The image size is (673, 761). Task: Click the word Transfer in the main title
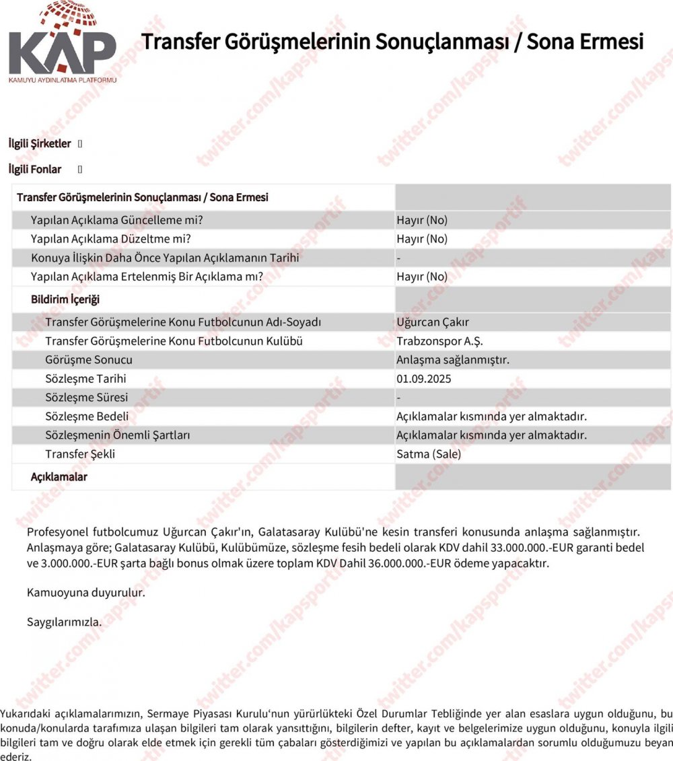tap(180, 41)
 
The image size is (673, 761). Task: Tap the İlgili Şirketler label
tap(39, 143)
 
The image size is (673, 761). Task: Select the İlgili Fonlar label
tap(35, 169)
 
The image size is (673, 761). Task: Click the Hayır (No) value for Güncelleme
tap(422, 220)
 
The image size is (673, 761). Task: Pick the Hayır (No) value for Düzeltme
tap(422, 239)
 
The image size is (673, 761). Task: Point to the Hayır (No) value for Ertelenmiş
tap(422, 277)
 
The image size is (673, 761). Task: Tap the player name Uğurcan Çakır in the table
tap(433, 322)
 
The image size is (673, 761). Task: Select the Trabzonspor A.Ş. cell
tap(439, 341)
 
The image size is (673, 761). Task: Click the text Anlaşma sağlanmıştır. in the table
tap(453, 360)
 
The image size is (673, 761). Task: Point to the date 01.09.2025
tap(424, 379)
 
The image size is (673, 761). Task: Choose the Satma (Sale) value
tap(429, 454)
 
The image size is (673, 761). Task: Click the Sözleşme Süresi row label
tap(86, 398)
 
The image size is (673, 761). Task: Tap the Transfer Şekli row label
tap(80, 454)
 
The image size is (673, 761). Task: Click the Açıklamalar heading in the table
tap(59, 476)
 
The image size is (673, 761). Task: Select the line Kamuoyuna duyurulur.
tap(85, 593)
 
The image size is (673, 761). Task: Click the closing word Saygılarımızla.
tap(64, 622)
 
